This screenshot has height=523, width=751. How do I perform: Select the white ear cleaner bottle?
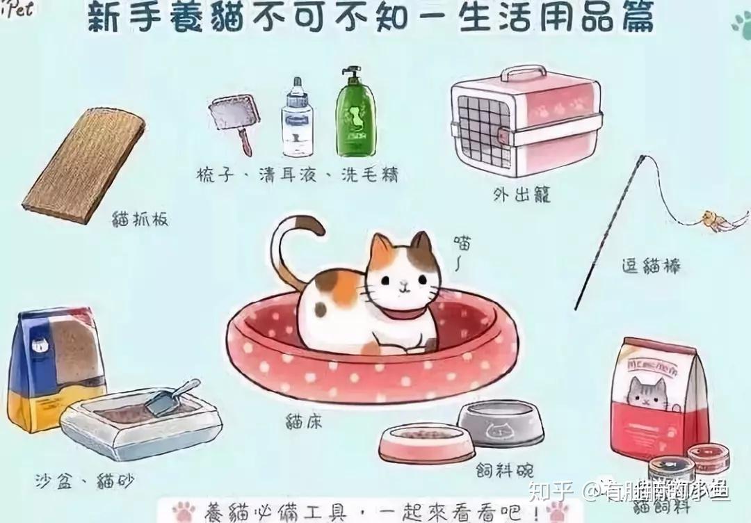(x=297, y=118)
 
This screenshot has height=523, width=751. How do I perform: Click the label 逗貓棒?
(x=650, y=265)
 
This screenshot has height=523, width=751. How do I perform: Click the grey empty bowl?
(x=499, y=421)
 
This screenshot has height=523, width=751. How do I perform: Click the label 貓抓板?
(x=140, y=220)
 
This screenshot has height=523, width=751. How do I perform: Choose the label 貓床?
(x=304, y=420)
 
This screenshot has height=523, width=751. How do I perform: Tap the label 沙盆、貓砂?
(x=85, y=480)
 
